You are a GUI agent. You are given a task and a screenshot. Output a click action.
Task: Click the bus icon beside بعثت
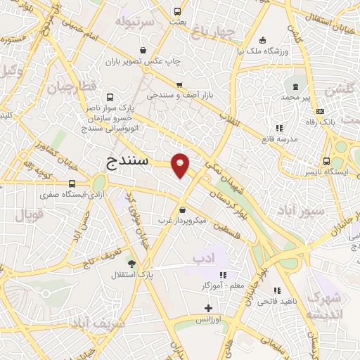pos(177,12)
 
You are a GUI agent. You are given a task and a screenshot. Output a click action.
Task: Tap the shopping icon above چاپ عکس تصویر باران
pos(143,51)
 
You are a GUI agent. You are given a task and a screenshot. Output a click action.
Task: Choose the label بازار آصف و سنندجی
pos(175,94)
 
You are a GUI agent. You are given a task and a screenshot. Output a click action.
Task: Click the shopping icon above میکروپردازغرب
pos(183,210)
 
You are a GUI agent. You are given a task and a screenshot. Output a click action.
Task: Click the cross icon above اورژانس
pos(208,308)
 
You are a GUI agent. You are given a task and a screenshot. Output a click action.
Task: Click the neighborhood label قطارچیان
pos(70,88)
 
